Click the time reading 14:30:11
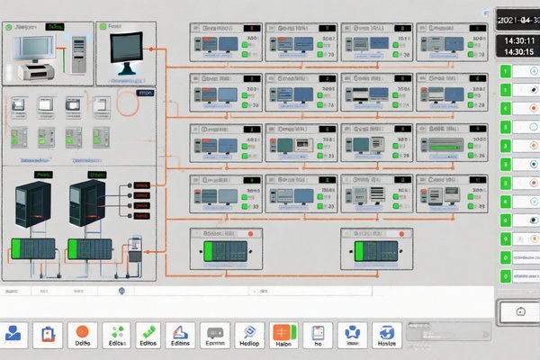tap(517, 40)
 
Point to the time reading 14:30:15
tap(517, 52)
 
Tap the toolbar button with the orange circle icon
tap(84, 335)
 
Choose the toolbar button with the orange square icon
tap(283, 335)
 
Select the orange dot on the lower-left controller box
tap(251, 233)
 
